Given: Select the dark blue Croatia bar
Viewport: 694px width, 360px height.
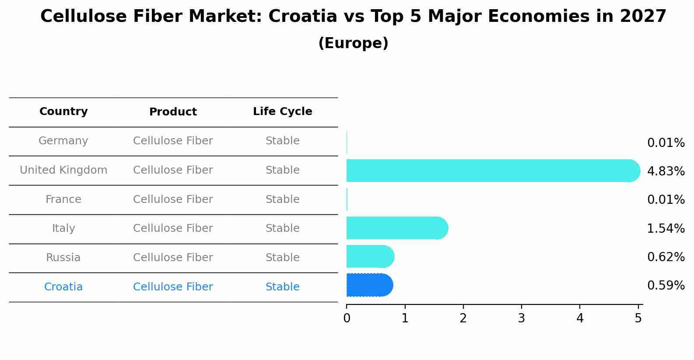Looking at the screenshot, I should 369,285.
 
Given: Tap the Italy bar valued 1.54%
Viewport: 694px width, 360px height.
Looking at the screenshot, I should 396,228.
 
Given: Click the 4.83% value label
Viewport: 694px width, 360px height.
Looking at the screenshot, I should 666,171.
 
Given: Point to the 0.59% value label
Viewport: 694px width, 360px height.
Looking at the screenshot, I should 666,286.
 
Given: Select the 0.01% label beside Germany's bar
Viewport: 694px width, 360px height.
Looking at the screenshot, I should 666,143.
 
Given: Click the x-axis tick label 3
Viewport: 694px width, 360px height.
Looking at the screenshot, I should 521,318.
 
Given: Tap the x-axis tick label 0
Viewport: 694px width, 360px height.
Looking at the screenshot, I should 347,318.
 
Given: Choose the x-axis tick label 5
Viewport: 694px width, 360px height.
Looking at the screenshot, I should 638,318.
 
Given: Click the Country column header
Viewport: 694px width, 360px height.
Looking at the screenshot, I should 63,112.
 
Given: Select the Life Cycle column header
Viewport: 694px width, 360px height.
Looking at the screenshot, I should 282,112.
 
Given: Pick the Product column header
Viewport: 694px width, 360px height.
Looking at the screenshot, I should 173,112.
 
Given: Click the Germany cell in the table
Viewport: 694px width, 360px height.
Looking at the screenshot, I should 63,141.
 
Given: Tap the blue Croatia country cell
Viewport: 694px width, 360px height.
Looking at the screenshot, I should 63,287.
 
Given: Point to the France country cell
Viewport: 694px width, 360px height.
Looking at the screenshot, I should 63,199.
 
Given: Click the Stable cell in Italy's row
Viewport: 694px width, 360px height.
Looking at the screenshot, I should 282,228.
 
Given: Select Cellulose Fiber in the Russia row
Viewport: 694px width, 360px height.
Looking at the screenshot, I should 173,258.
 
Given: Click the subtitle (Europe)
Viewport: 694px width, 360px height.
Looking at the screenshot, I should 353,43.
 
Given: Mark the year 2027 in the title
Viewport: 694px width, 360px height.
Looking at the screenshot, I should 643,17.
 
